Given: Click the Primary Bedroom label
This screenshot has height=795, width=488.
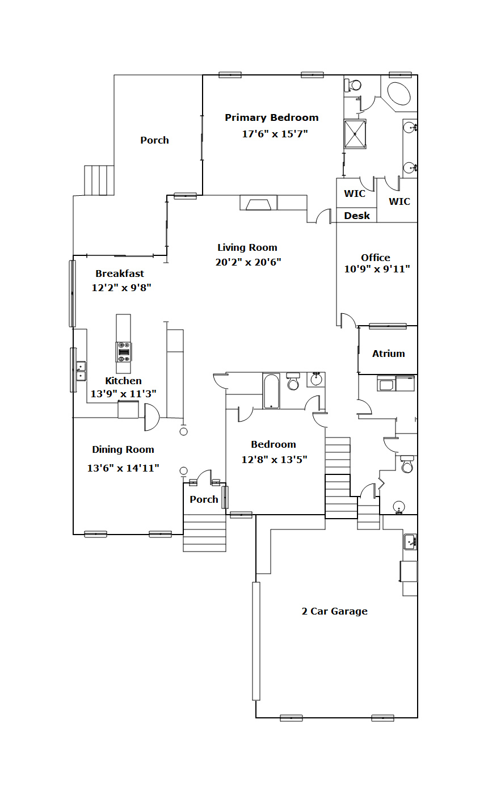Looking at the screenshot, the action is coord(271,117).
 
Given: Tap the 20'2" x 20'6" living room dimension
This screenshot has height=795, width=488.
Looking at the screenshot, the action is coord(248,262).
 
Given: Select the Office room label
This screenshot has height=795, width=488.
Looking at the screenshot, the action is coord(376,257).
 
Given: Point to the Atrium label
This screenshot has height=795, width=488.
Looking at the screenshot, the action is coord(388,354).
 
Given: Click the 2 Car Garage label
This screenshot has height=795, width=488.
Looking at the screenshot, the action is coord(335,611).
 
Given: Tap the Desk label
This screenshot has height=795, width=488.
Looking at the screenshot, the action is coord(357,216).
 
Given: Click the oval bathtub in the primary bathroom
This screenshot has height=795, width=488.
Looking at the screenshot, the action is coord(398,93).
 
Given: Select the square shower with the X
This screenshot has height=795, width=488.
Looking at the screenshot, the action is coord(355,134).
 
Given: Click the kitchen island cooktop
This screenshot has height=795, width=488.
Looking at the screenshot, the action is coord(124,352).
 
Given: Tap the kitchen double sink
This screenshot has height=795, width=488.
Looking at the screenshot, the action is coord(81,371).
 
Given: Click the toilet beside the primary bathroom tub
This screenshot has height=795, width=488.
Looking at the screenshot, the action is coord(353,85).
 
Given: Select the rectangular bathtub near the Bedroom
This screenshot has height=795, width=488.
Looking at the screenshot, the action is coord(271,391).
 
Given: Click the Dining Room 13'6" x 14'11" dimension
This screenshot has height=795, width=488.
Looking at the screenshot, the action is coord(123,468).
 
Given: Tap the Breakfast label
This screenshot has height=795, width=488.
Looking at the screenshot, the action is coord(120,274).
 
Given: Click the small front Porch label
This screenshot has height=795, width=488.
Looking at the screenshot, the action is coord(204,499).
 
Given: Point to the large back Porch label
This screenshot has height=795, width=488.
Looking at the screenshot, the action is coord(154,140).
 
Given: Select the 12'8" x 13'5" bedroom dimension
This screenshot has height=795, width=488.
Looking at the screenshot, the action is coord(274,460).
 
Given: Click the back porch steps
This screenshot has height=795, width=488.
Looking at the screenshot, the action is coord(99,180).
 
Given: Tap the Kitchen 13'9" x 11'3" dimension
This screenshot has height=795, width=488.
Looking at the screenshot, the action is coord(124,394).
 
